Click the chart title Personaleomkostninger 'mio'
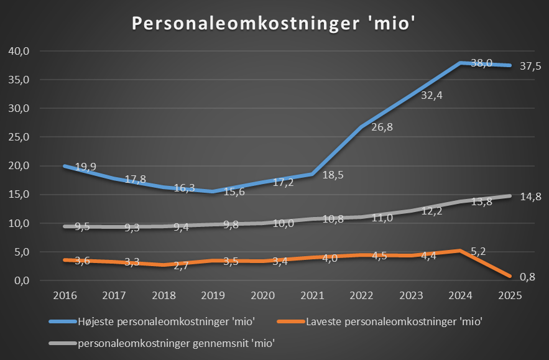tap(273, 22)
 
